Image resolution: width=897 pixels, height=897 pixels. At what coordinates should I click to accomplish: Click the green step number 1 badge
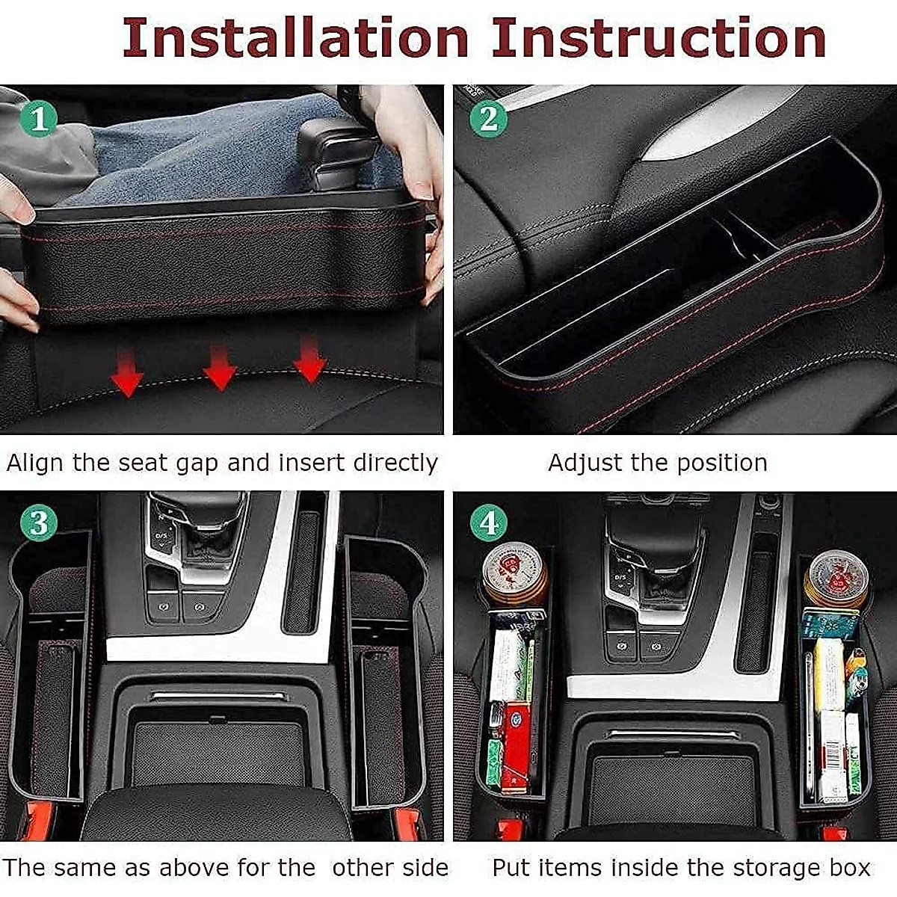pyautogui.click(x=38, y=119)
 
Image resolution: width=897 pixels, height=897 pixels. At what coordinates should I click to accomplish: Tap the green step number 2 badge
pyautogui.click(x=489, y=119)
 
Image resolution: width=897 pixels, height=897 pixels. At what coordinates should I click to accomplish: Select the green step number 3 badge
pyautogui.click(x=38, y=523)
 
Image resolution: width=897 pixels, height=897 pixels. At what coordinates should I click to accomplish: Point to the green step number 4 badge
pyautogui.click(x=489, y=523)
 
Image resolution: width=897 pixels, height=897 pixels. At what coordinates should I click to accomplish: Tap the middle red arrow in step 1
pyautogui.click(x=219, y=368)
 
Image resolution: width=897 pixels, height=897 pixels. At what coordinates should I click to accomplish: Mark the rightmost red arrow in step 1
pyautogui.click(x=309, y=360)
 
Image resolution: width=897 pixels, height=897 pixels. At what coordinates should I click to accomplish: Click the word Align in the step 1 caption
pyautogui.click(x=36, y=463)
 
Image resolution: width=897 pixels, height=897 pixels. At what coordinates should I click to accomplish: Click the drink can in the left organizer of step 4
pyautogui.click(x=514, y=572)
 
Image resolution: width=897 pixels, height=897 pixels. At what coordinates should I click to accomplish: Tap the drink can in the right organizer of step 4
pyautogui.click(x=836, y=577)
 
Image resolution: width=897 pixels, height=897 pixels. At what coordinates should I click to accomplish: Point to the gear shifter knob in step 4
pyautogui.click(x=654, y=534)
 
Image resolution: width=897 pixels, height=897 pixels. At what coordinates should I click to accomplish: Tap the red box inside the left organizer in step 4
pyautogui.click(x=514, y=740)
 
